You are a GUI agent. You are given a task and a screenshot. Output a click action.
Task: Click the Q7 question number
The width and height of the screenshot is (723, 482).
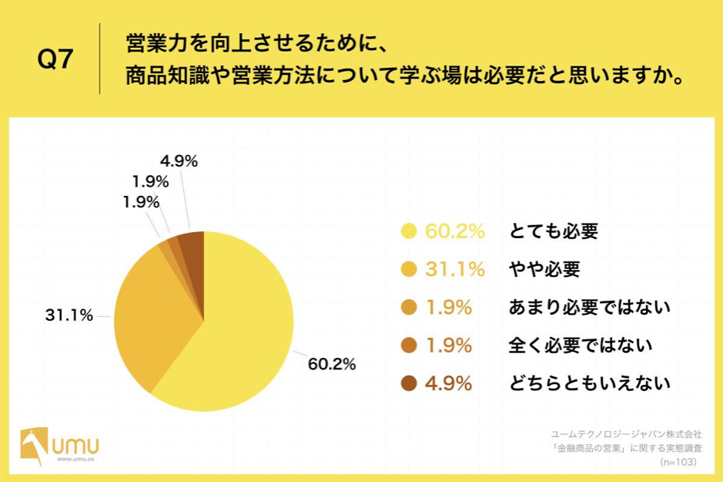55,60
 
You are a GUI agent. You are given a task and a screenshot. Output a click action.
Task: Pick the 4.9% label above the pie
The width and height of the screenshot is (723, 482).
179,161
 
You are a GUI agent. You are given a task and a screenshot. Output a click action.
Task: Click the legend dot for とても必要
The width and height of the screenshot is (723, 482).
409,231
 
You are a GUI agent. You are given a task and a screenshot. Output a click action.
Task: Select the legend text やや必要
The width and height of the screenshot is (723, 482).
544,269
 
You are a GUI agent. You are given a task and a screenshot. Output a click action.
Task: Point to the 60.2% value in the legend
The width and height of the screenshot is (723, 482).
454,231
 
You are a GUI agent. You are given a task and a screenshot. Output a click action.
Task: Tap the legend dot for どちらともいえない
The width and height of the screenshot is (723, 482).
409,383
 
